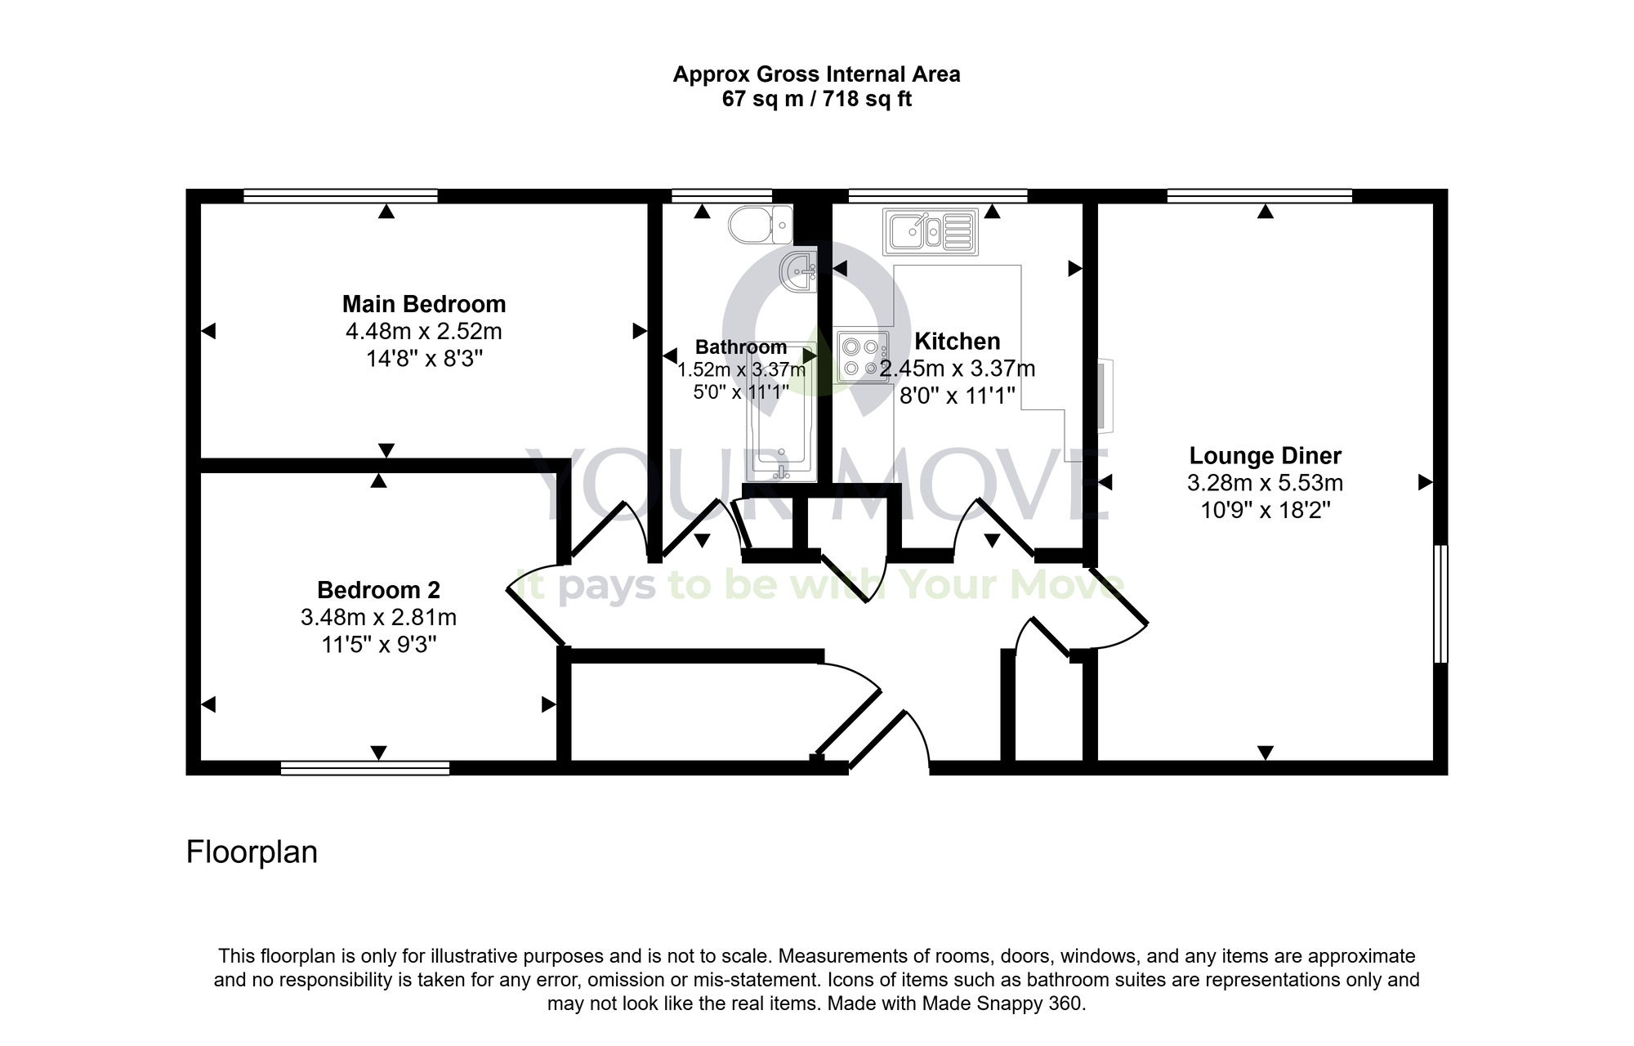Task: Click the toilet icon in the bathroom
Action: point(760,224)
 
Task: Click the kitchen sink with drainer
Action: point(930,232)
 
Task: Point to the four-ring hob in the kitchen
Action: point(861,357)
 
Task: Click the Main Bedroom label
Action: point(423,304)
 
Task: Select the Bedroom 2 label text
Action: point(378,589)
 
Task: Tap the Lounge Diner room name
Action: point(1265,455)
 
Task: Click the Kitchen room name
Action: point(957,341)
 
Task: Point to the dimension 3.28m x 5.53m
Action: point(1265,483)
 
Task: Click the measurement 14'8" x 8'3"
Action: point(423,359)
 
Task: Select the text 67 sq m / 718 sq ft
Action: point(816,100)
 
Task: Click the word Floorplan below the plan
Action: point(252,852)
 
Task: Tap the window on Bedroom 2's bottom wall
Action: point(364,768)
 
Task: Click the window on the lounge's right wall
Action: point(1441,604)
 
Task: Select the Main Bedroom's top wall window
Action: point(340,196)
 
